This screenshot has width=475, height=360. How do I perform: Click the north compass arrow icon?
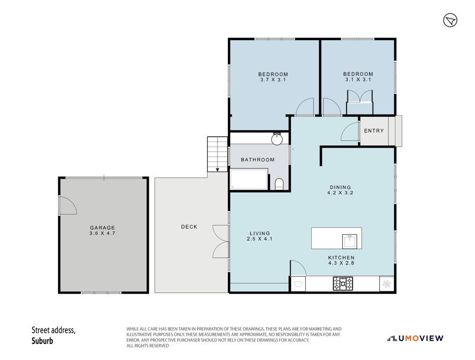pyautogui.click(x=450, y=20)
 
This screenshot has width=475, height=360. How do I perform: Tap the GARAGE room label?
pyautogui.click(x=103, y=228)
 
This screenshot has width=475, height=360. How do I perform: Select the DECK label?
pyautogui.click(x=189, y=227)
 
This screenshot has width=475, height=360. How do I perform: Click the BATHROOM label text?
pyautogui.click(x=257, y=160)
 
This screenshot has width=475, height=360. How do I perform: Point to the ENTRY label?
pyautogui.click(x=374, y=131)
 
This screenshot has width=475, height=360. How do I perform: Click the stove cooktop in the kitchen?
pyautogui.click(x=343, y=283)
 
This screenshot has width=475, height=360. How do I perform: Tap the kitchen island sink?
pyautogui.click(x=350, y=241)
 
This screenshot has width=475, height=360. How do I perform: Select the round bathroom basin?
pyautogui.click(x=277, y=139)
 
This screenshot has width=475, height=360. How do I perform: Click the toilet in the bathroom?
pyautogui.click(x=279, y=184)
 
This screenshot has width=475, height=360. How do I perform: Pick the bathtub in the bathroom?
pyautogui.click(x=249, y=180)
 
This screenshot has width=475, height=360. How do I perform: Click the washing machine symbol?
pyautogui.click(x=298, y=284)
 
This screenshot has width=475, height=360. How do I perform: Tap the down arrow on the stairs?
pyautogui.click(x=218, y=170)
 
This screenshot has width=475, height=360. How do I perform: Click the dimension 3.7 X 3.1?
pyautogui.click(x=273, y=80)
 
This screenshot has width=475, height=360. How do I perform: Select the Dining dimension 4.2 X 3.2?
pyautogui.click(x=340, y=193)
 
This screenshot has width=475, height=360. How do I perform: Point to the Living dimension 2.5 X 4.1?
pyautogui.click(x=260, y=239)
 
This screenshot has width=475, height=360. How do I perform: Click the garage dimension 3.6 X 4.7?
pyautogui.click(x=103, y=233)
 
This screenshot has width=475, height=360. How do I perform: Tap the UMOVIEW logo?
pyautogui.click(x=415, y=338)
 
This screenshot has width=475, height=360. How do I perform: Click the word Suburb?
pyautogui.click(x=42, y=341)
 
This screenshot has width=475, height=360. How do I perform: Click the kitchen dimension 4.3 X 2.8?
pyautogui.click(x=341, y=263)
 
